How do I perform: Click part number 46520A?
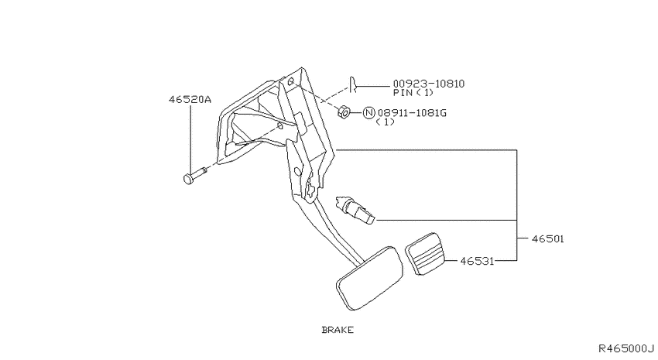(x=190, y=99)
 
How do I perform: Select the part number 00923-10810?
(x=428, y=84)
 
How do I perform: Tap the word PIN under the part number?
(x=403, y=93)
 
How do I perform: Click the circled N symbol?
(x=368, y=113)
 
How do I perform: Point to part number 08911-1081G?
(x=412, y=113)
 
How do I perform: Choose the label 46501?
(x=547, y=238)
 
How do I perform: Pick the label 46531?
(x=477, y=261)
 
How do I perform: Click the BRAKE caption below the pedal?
(x=338, y=330)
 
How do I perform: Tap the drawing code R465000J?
(x=626, y=348)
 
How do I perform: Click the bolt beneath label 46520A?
(x=195, y=176)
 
